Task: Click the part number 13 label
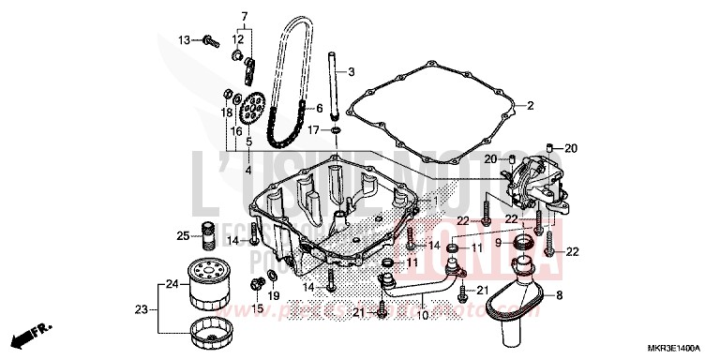pyautogui.click(x=185, y=39)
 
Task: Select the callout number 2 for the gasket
pyautogui.click(x=530, y=106)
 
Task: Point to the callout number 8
pyautogui.click(x=559, y=296)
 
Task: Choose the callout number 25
pyautogui.click(x=184, y=235)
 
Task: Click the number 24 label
pyautogui.click(x=172, y=284)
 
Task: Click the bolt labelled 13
pyautogui.click(x=210, y=40)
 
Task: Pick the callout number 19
pyautogui.click(x=275, y=295)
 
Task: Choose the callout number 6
pyautogui.click(x=319, y=108)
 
